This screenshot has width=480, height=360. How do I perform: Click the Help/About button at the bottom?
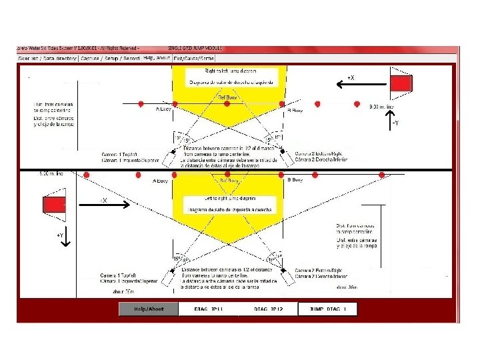149,309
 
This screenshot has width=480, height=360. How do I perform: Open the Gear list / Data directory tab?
47,58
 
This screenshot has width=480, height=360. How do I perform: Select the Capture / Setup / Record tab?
109,58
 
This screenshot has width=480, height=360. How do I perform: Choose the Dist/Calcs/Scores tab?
199,58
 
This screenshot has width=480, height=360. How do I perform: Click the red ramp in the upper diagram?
401,83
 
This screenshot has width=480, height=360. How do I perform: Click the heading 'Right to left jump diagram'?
229,71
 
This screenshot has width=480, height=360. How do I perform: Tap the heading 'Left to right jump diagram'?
229,199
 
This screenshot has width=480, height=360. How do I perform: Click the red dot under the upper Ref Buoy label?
227,104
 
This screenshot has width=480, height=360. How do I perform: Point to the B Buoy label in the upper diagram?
295,110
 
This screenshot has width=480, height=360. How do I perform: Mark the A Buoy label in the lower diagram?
160,181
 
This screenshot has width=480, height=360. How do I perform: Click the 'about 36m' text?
348,287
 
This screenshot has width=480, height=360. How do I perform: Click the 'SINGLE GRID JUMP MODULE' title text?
195,49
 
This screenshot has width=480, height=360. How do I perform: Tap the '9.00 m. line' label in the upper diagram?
381,107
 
